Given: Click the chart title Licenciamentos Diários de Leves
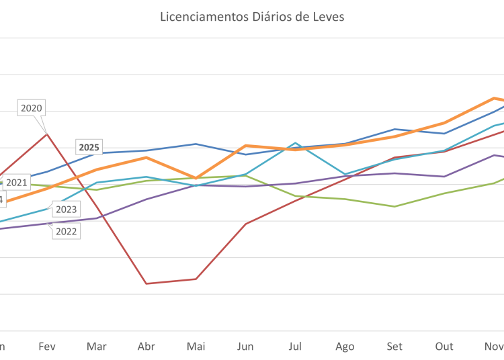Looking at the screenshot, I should (252, 17).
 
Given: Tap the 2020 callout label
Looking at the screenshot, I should (32, 107).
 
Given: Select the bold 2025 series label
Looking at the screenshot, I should (89, 147).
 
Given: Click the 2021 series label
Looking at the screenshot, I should (17, 182).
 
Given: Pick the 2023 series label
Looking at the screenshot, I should (65, 210).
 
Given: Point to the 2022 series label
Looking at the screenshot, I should (65, 232).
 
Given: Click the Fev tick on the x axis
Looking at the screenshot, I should (47, 347).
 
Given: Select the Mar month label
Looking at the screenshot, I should (97, 347).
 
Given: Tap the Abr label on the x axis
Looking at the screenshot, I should (146, 347).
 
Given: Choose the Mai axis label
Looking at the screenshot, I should (196, 347).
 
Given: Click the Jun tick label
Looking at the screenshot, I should (246, 347).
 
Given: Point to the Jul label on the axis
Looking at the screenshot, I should (295, 347).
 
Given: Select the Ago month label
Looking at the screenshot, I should (345, 347).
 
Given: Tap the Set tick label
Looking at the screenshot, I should (394, 347).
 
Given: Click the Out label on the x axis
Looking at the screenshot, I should (444, 347).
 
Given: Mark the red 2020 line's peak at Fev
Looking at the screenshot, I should (47, 134).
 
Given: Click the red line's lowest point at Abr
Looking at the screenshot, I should (146, 283).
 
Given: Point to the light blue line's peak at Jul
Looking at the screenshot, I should (295, 143).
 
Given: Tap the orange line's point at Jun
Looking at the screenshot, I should (246, 145).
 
